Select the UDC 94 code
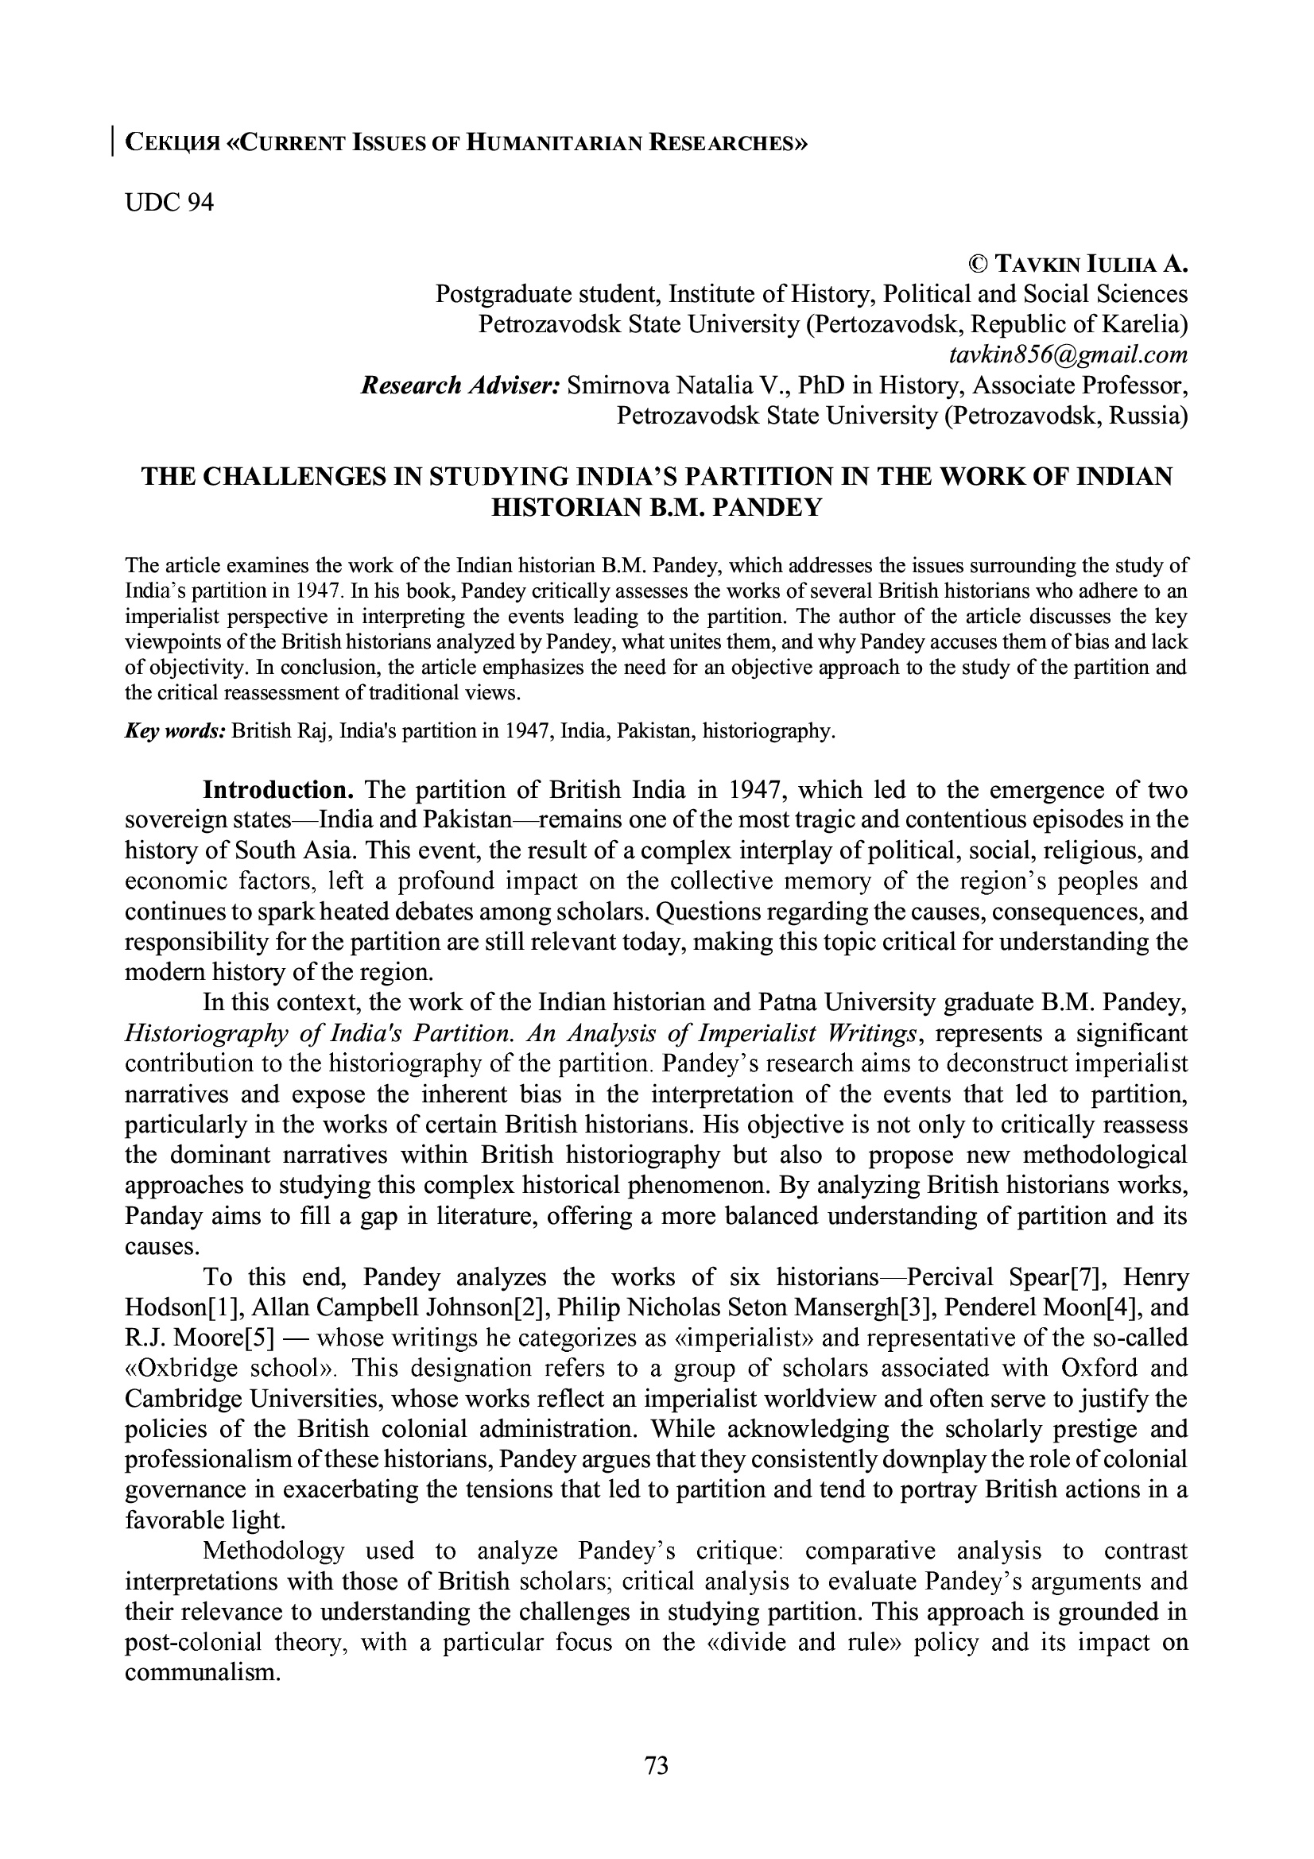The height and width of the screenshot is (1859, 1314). click(x=169, y=203)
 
